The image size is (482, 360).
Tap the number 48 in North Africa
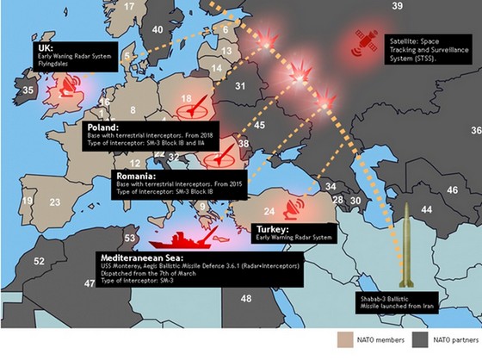pyautogui.click(x=245, y=298)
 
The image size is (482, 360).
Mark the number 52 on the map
pyautogui.click(x=38, y=260)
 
